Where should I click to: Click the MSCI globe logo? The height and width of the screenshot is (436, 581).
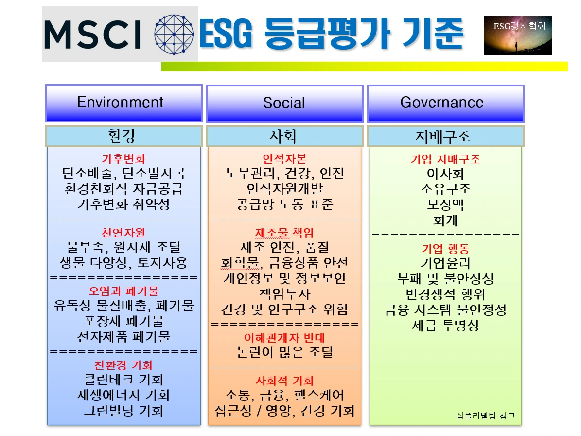click(x=174, y=34)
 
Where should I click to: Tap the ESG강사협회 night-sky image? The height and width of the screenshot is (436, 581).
click(x=518, y=35)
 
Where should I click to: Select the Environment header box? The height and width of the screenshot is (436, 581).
click(x=124, y=103)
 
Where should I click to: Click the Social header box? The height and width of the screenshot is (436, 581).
click(x=284, y=104)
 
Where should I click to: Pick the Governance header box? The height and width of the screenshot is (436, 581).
click(x=445, y=104)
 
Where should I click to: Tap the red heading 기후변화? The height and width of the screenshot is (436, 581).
click(x=124, y=159)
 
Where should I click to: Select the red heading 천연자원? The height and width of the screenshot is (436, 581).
click(x=123, y=233)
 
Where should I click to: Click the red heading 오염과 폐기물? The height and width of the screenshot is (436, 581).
click(x=123, y=291)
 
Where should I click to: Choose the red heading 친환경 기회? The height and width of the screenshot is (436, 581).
click(x=123, y=365)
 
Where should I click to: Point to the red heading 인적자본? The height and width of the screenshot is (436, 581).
click(x=284, y=159)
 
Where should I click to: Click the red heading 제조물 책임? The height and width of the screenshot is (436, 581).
click(x=284, y=233)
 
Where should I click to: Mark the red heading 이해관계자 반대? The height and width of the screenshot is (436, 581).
click(x=284, y=338)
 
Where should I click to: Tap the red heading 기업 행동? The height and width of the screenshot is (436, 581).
click(x=445, y=248)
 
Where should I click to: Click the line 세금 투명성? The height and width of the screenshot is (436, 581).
click(x=445, y=325)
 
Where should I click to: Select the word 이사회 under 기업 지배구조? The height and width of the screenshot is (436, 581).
click(x=445, y=173)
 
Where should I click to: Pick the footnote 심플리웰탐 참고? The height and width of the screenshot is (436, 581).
click(x=485, y=416)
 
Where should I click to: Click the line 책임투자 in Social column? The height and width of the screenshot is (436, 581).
click(x=284, y=293)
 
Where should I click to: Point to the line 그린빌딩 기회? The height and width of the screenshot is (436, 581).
click(x=123, y=410)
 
